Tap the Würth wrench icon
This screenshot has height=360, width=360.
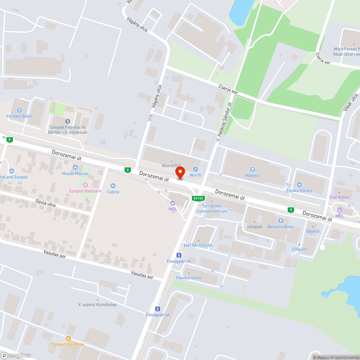point(195,169)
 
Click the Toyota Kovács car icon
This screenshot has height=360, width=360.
point(299,185)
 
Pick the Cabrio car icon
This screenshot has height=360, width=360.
point(113,186)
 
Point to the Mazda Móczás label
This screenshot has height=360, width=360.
point(75,174)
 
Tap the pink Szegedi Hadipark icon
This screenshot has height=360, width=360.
point(85,185)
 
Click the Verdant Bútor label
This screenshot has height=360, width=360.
point(19,116)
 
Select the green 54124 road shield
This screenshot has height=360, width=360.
point(198,198)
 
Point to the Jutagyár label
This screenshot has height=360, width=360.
point(255,226)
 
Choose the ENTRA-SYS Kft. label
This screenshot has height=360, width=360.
point(198,245)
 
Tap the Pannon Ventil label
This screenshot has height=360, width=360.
point(189,278)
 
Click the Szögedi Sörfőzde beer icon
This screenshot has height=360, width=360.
point(68,338)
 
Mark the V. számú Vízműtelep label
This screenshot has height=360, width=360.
point(97,305)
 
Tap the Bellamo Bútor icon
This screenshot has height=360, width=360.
point(280,220)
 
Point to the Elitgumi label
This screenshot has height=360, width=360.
point(300,249)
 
